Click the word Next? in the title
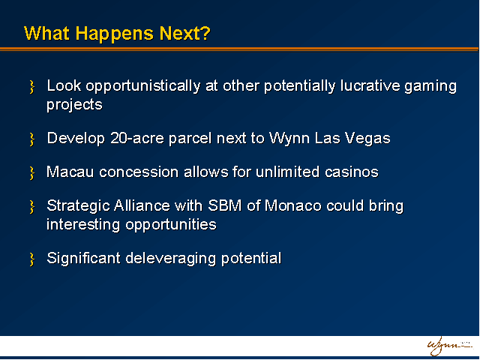[x=185, y=33]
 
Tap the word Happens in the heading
[x=114, y=34]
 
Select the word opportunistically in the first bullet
[x=143, y=86]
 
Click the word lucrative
[x=370, y=85]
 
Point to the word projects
[x=74, y=105]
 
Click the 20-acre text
[x=136, y=138]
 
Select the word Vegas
[x=367, y=139]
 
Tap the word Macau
[x=70, y=172]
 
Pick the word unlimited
[x=287, y=172]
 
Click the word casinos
[x=352, y=172]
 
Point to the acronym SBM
[x=225, y=205]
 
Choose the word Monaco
[x=293, y=205]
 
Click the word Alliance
[x=142, y=205]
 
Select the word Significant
[x=83, y=259]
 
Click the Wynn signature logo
[x=449, y=346]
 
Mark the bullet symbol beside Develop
[x=31, y=139]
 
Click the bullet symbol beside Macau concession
[x=31, y=173]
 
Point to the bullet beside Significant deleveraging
[x=31, y=259]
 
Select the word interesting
[x=83, y=225]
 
